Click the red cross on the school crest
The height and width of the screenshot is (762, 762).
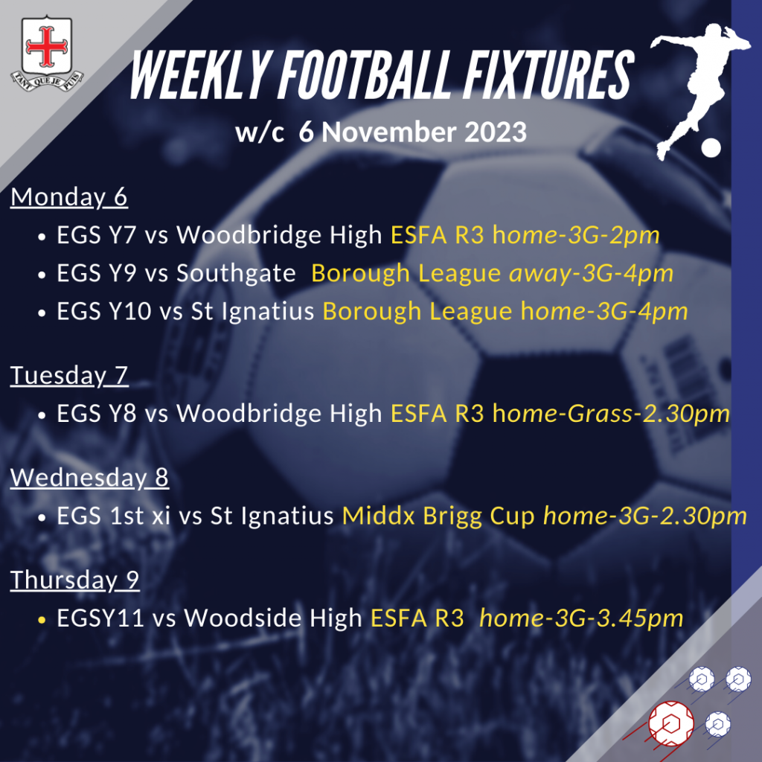47,47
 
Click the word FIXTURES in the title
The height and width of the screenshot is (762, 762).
548,75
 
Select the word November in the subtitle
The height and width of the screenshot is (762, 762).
388,132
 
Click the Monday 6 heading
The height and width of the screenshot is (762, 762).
69,197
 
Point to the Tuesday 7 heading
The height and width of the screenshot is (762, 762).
69,376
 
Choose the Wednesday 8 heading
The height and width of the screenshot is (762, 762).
89,478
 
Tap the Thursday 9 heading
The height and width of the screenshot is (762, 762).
75,580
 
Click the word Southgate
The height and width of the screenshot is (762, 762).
236,274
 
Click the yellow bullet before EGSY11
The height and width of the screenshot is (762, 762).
42,620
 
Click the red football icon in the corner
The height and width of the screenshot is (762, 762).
671,723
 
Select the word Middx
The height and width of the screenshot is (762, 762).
379,516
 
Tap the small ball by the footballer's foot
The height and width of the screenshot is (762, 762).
711,148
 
